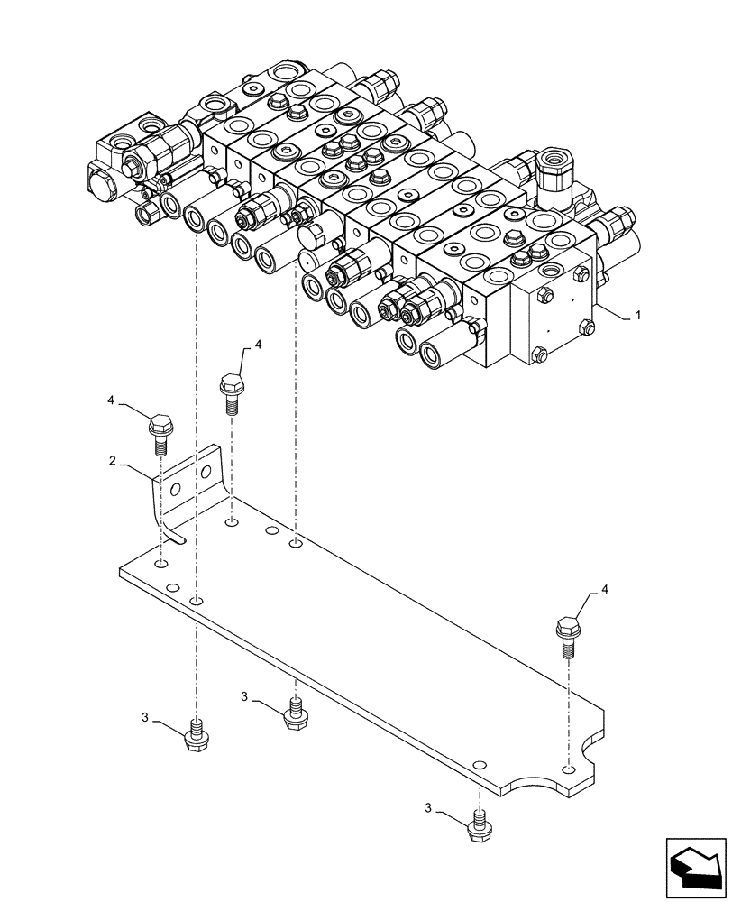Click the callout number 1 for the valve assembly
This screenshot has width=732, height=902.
point(637,316)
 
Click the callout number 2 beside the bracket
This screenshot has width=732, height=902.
point(112,462)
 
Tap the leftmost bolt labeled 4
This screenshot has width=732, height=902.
point(160,429)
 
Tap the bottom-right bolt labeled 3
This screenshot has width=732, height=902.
point(479,825)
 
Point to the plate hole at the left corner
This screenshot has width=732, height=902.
point(160,564)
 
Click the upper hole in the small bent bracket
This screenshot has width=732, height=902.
point(207,473)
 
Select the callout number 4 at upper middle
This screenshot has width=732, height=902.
point(258,345)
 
